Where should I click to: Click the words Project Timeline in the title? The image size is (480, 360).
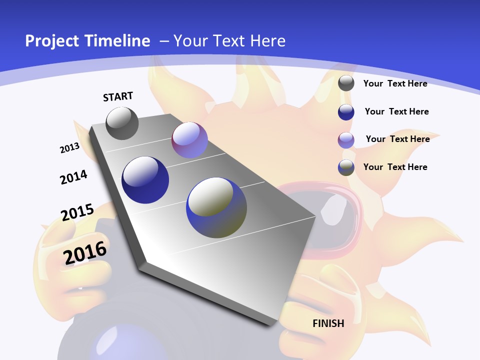tap(87, 41)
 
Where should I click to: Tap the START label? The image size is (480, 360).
tap(118, 96)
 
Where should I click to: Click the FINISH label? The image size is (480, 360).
tap(328, 323)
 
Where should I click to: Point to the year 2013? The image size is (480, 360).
tap(69, 148)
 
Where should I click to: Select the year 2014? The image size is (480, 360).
tap(73, 177)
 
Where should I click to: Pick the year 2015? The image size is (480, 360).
tap(77, 212)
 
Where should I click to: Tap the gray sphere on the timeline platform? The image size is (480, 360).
tap(122, 123)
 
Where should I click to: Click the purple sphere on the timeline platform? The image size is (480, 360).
tap(189, 140)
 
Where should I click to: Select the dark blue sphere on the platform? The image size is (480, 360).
tap(145, 180)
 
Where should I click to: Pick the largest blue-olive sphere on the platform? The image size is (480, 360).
tap(216, 207)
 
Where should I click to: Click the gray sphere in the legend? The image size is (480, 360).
tap(346, 83)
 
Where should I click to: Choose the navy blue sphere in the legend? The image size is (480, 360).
tap(346, 112)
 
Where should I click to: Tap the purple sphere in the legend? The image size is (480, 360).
tap(346, 140)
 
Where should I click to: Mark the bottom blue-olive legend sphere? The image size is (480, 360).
tap(346, 167)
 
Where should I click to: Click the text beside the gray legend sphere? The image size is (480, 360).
tap(395, 83)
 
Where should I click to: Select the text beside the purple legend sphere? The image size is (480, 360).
tap(397, 139)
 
